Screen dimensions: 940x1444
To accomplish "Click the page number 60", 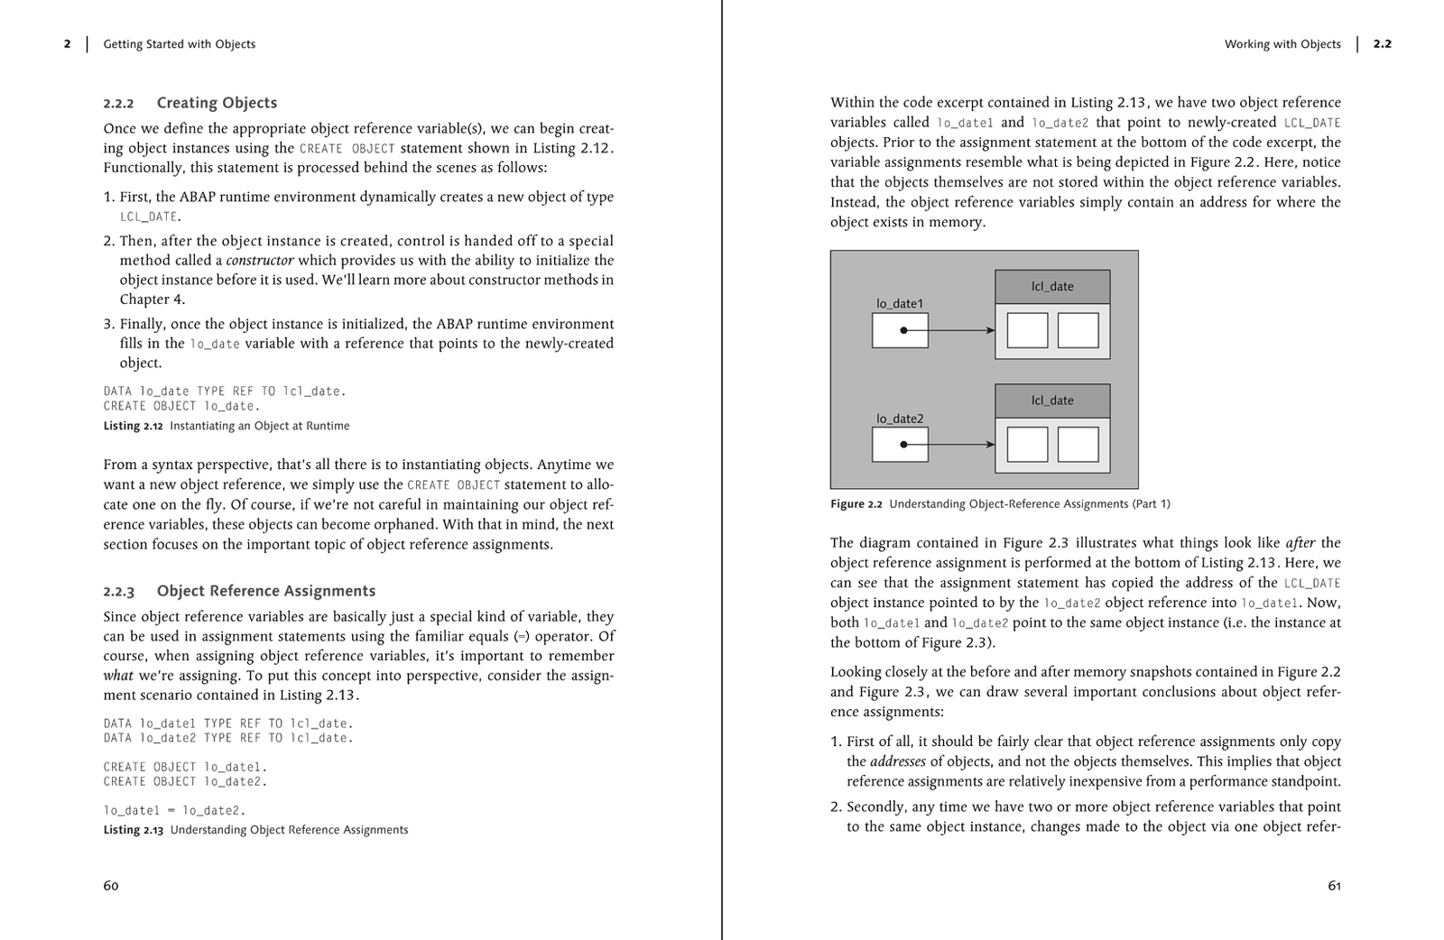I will point(110,886).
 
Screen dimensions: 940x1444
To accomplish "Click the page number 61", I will point(1334,886).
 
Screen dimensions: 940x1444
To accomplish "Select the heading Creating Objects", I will point(217,103).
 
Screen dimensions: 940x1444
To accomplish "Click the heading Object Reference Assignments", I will point(265,591).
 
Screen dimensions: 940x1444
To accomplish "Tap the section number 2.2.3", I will point(118,592).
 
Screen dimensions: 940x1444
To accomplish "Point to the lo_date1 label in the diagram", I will point(900,304).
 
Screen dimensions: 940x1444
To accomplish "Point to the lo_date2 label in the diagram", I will point(900,419).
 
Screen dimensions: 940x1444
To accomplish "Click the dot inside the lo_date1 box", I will point(903,330).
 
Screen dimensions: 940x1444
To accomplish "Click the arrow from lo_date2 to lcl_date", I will point(961,445).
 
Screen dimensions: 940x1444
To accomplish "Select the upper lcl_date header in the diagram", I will point(1052,287).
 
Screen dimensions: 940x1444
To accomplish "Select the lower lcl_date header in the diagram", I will point(1052,401).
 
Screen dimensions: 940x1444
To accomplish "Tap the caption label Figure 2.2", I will point(856,504).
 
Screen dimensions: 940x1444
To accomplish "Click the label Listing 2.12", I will point(133,426).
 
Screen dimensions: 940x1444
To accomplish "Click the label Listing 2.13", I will point(133,830).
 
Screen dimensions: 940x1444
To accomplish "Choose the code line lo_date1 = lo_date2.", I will point(174,810).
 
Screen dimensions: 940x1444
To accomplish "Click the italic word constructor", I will point(260,261).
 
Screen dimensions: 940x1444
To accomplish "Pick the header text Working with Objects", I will point(1282,44).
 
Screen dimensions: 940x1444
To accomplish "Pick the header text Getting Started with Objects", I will point(179,44).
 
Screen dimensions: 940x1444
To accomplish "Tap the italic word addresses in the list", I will point(898,761).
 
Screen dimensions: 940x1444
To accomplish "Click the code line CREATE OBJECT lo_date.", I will point(180,406).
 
